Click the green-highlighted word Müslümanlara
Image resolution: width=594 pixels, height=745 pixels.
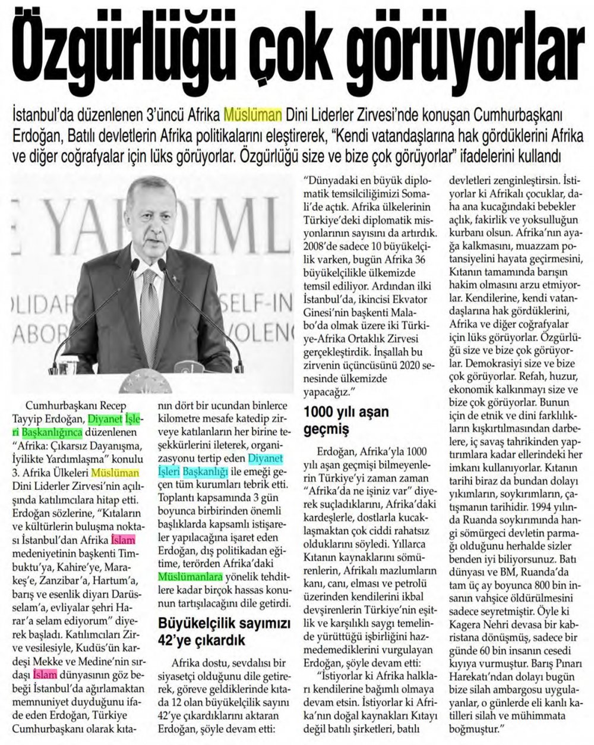(x=191, y=576)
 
